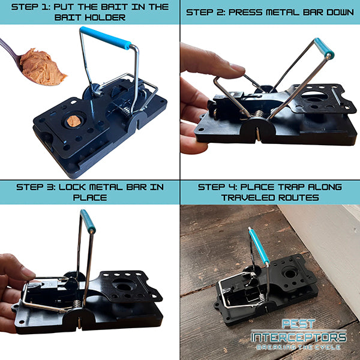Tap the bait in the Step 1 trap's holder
point(73,121)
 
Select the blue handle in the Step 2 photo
point(325,49)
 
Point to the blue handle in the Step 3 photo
point(88,221)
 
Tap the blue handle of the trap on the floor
point(259,247)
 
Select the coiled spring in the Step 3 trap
point(76,304)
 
